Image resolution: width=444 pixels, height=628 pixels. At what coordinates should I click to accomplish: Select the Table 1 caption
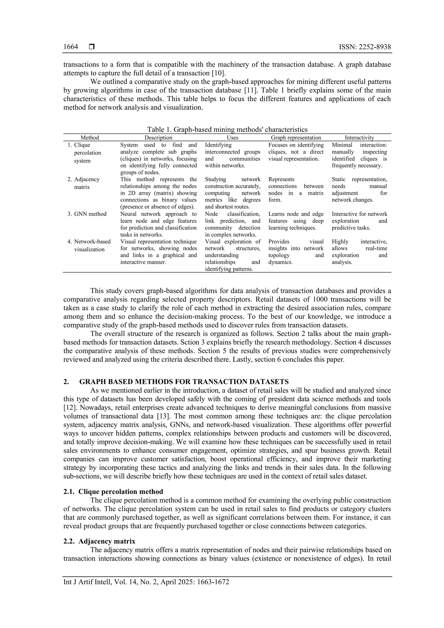[x=227, y=129]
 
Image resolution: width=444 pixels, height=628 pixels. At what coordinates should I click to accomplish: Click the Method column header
[x=90, y=137]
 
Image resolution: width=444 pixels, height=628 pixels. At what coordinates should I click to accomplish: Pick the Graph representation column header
[x=296, y=137]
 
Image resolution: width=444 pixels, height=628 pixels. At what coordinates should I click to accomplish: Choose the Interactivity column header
[x=359, y=137]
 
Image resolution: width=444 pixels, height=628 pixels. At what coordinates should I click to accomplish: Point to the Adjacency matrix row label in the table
[x=87, y=183]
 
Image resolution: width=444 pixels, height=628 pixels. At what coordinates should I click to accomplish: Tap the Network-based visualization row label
[x=92, y=245]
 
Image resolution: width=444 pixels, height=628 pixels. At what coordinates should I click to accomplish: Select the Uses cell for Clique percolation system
[x=232, y=155]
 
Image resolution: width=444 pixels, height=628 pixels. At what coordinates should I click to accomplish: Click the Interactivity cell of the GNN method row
[x=359, y=221]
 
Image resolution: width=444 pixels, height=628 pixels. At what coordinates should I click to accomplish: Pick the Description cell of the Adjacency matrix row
[x=158, y=193]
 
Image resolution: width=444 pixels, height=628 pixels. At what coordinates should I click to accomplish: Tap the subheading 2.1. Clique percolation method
[x=113, y=492]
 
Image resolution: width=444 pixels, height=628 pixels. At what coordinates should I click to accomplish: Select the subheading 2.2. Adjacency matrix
[x=99, y=541]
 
